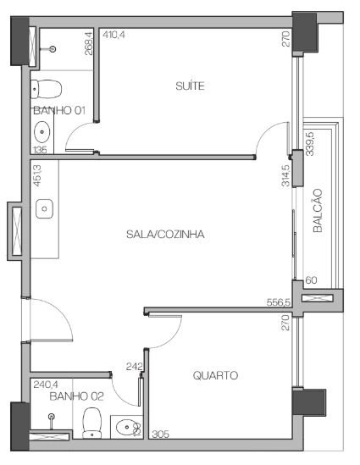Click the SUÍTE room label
click(x=190, y=86)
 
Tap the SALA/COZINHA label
click(x=165, y=235)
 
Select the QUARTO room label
click(x=215, y=375)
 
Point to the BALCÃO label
click(x=318, y=211)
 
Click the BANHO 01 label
click(x=59, y=110)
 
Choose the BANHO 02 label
click(x=76, y=396)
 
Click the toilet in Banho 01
click(x=47, y=89)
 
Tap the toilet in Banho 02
click(x=92, y=423)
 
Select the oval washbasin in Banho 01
click(x=42, y=131)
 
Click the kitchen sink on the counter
click(x=44, y=208)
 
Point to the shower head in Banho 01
click(x=53, y=49)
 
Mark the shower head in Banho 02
click(x=52, y=417)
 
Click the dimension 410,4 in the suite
click(x=114, y=35)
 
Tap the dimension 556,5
click(x=279, y=302)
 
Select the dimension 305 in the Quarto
click(x=160, y=435)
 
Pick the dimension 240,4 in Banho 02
click(x=46, y=385)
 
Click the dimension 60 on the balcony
click(x=311, y=280)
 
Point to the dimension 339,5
click(x=310, y=144)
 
